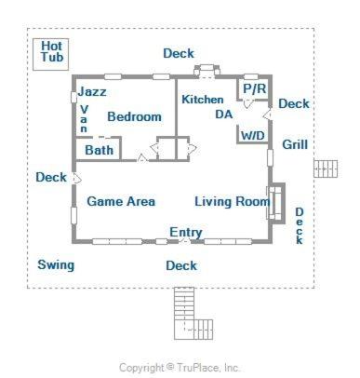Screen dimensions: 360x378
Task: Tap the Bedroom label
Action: [x=134, y=116]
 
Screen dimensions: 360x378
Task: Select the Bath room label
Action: [x=99, y=150]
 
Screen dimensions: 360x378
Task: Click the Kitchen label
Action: [x=203, y=100]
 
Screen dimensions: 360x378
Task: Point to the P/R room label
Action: [x=255, y=88]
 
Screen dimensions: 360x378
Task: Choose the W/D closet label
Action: [x=253, y=136]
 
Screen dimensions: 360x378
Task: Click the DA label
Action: [x=224, y=115]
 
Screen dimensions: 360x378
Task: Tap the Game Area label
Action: [x=121, y=201]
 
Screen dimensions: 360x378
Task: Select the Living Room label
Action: [x=232, y=201]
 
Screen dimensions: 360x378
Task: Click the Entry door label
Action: [x=186, y=232]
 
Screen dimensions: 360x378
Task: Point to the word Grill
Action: [x=295, y=144]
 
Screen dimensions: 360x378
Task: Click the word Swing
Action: [x=56, y=265]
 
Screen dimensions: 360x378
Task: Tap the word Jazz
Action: [x=92, y=91]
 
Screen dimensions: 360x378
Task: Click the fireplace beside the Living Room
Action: [x=276, y=203]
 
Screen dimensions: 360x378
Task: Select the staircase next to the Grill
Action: [x=326, y=169]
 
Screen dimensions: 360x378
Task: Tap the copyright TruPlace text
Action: [x=180, y=368]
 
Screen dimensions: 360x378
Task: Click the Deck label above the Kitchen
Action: [x=179, y=53]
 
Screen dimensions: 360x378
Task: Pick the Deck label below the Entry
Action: [x=181, y=265]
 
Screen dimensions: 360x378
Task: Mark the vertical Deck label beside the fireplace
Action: [x=300, y=226]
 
